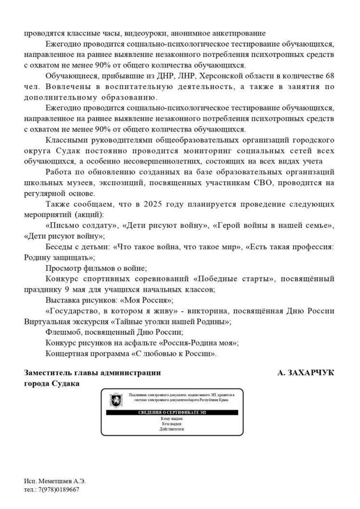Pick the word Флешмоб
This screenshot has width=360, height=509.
[63, 332]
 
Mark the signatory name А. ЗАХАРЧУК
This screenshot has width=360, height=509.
[306, 373]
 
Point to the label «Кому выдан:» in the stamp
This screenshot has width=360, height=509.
[172, 419]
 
